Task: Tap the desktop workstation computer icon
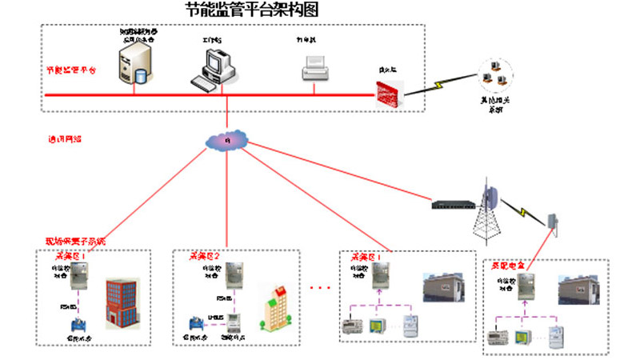[214, 67]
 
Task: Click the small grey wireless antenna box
[552, 220]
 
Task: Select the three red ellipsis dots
[319, 287]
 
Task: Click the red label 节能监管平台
[70, 70]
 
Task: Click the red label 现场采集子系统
[74, 241]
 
